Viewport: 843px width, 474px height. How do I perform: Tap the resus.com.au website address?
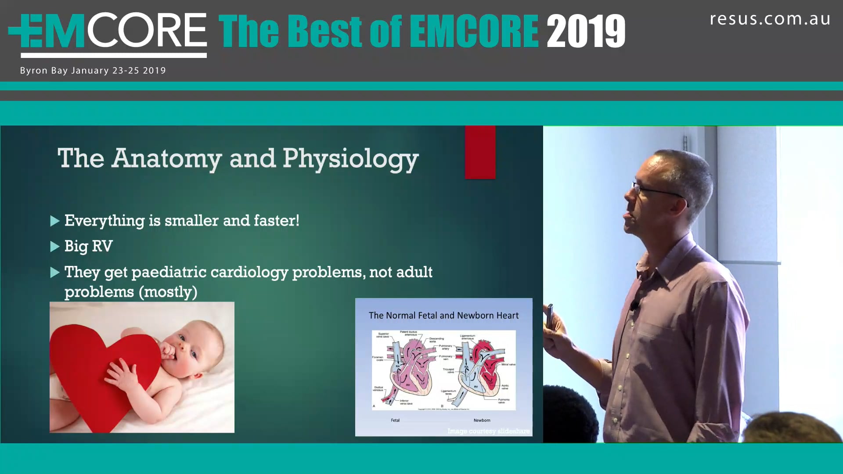pos(770,19)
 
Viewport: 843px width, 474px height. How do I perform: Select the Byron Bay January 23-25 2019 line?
pos(93,71)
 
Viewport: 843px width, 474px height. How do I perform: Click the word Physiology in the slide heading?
pos(350,159)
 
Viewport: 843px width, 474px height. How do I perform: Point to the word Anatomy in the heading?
pos(166,159)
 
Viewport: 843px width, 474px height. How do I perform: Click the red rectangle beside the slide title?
pos(480,152)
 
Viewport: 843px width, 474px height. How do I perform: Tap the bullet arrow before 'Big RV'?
pos(55,247)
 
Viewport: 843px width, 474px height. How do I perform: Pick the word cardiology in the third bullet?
pos(249,272)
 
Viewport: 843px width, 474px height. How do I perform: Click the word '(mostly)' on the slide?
pos(168,292)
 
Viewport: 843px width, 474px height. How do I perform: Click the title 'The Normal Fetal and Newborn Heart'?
pos(443,316)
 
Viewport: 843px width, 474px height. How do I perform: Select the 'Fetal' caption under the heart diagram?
pos(395,420)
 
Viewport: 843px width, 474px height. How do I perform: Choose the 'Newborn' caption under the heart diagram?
pos(482,420)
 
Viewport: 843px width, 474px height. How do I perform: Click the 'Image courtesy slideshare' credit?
pos(488,431)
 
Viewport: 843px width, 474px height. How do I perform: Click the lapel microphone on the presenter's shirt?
pos(634,305)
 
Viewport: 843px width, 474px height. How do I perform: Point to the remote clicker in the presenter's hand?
pos(550,312)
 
